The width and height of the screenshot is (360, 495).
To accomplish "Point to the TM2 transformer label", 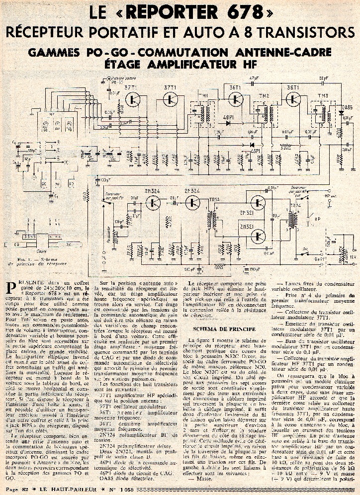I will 264,95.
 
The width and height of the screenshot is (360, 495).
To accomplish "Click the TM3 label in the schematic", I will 323,96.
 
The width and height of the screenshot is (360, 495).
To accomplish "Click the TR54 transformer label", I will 296,205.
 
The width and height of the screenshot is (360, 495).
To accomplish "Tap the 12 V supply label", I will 353,257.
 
